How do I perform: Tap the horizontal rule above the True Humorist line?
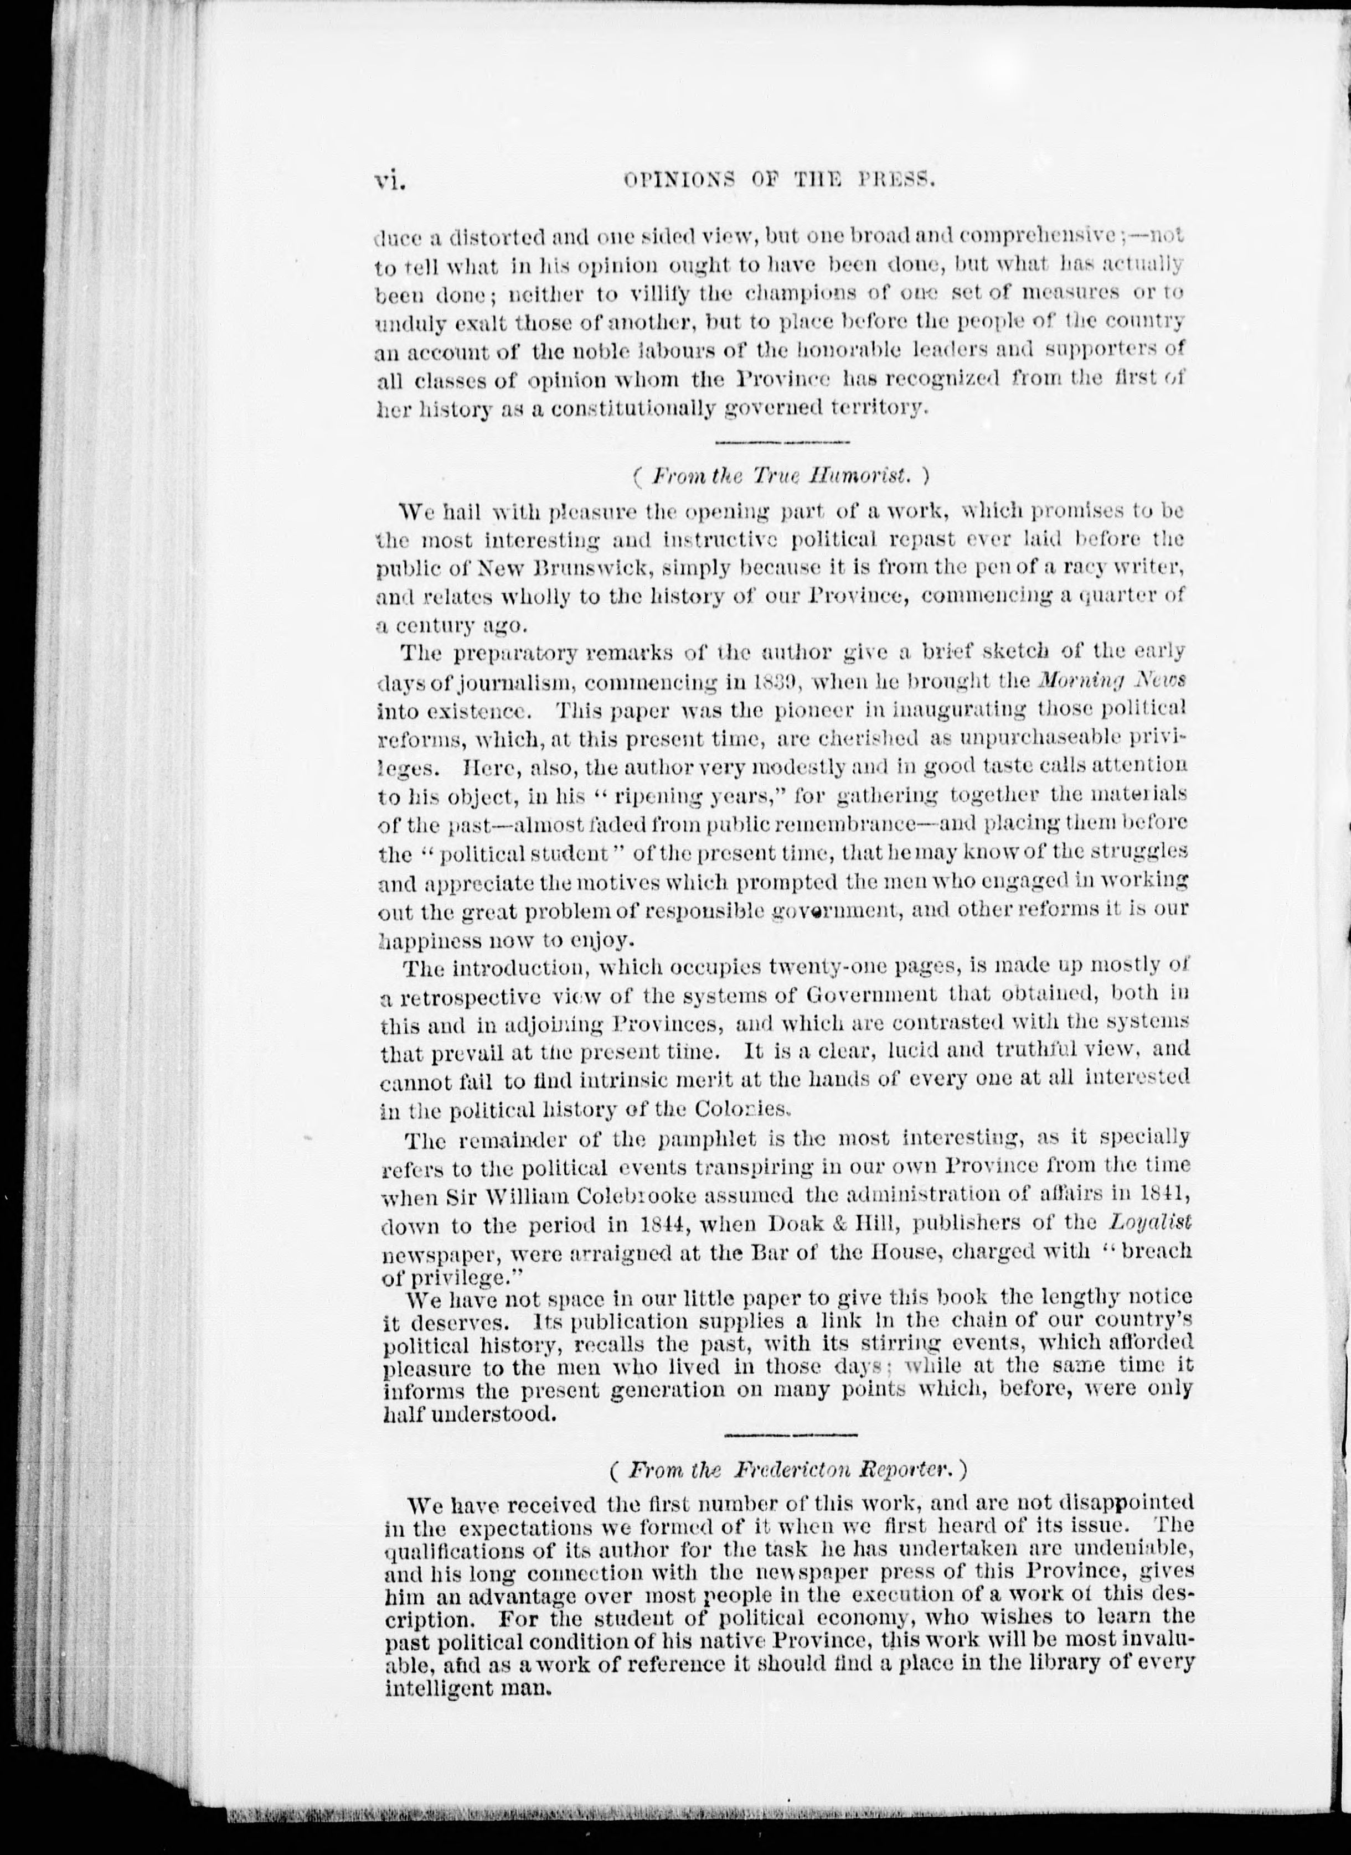click(x=782, y=443)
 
